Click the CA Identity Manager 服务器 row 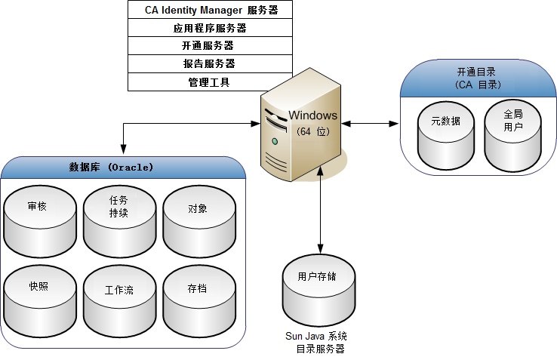click(x=209, y=11)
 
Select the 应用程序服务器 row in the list click(x=209, y=28)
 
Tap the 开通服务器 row click(x=209, y=45)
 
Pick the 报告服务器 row click(x=209, y=63)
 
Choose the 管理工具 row click(x=209, y=82)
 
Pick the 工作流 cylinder click(x=119, y=297)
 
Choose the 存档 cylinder click(x=198, y=297)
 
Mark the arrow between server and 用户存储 click(x=321, y=211)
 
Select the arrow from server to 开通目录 click(x=369, y=122)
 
